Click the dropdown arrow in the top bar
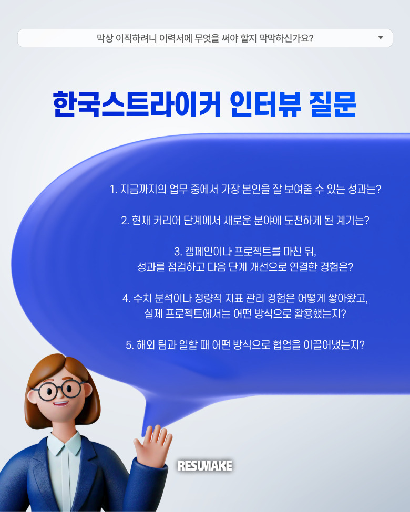click(x=380, y=38)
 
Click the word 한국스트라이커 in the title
click(x=136, y=104)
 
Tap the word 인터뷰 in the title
click(x=265, y=104)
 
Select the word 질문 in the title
click(x=333, y=104)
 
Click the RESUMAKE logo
click(x=205, y=466)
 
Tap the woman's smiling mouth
click(x=61, y=404)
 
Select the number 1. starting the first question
click(x=114, y=189)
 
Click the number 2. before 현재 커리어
click(x=125, y=221)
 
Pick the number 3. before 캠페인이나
click(x=178, y=252)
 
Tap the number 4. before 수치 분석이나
click(x=127, y=298)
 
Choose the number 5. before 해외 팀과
click(x=130, y=345)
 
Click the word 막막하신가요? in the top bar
click(x=286, y=38)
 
